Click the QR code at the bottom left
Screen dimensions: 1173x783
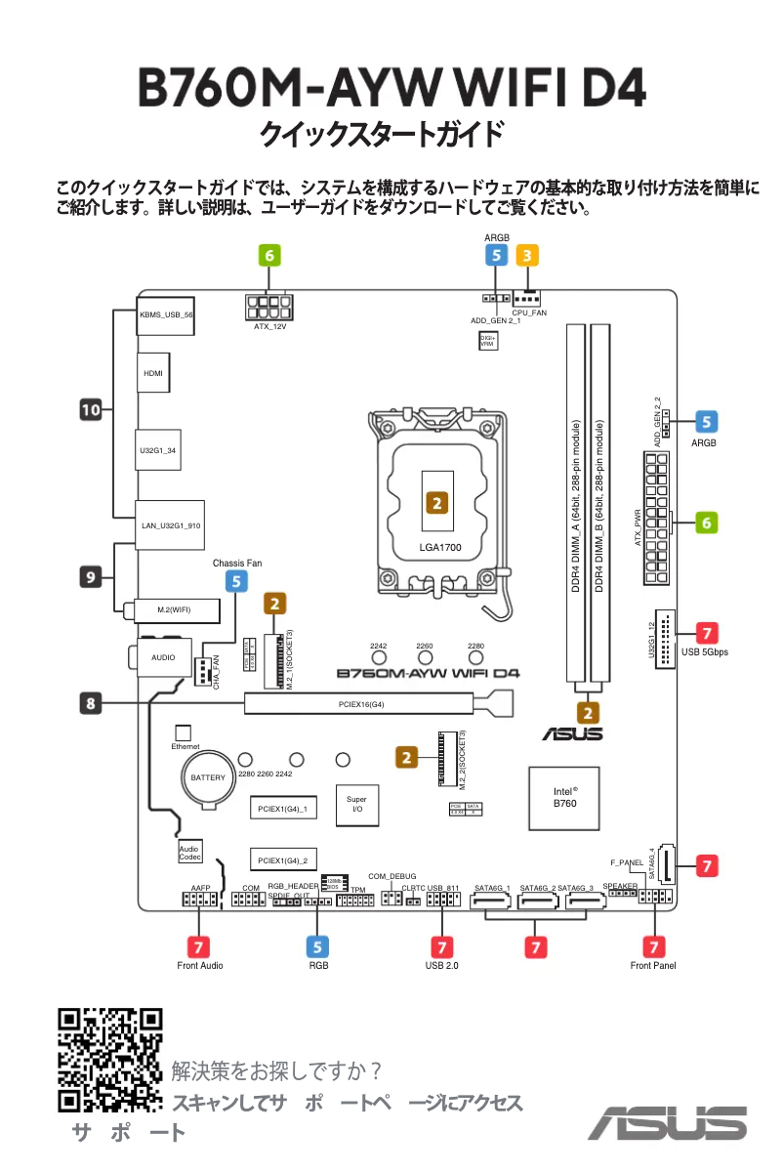[x=110, y=1059]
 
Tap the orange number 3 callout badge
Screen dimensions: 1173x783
[x=527, y=256]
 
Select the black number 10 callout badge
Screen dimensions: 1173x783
[x=91, y=410]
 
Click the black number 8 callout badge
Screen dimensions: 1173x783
[x=91, y=701]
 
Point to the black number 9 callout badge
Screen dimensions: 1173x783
[x=91, y=577]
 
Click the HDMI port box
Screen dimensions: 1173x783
[x=152, y=373]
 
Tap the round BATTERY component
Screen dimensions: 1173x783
[x=208, y=777]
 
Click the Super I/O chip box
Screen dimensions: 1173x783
[x=356, y=804]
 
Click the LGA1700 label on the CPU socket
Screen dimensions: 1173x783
[x=439, y=547]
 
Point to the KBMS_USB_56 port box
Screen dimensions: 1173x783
[x=166, y=315]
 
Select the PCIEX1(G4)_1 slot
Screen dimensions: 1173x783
[x=282, y=809]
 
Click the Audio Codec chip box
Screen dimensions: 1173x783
[x=189, y=853]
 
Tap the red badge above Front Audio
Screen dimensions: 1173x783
[x=199, y=945]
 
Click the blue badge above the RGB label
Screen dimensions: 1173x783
[x=318, y=945]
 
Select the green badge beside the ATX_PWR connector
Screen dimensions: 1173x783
[x=706, y=523]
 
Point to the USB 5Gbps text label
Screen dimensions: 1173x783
[x=706, y=651]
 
